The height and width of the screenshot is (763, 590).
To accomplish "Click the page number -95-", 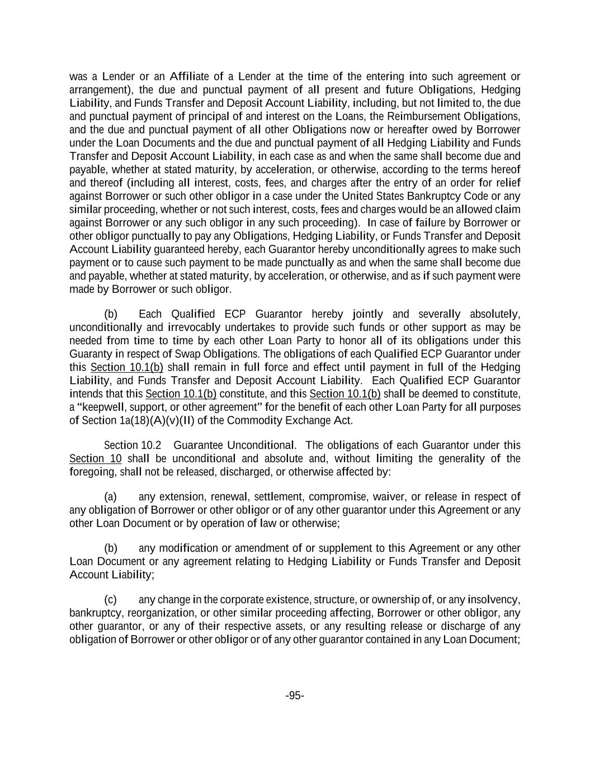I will [295, 696].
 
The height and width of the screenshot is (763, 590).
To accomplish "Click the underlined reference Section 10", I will [95, 459].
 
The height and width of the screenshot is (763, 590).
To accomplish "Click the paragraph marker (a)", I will [110, 496].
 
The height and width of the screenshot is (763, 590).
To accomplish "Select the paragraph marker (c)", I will [110, 600].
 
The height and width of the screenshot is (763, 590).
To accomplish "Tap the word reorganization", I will [149, 613].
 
